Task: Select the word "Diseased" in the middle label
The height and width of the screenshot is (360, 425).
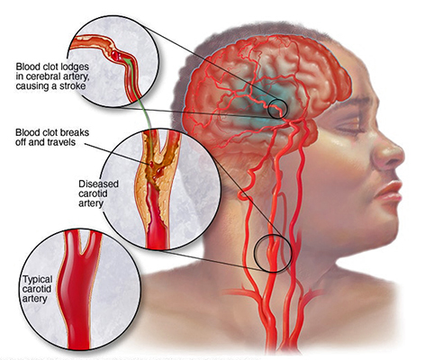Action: tap(98, 184)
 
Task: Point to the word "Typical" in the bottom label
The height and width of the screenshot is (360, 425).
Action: tap(38, 280)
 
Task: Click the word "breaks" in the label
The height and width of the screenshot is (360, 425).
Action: tap(75, 132)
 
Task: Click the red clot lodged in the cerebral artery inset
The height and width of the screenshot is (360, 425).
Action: tap(115, 55)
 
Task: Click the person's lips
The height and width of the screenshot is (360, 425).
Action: tap(388, 193)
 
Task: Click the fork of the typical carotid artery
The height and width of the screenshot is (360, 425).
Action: tap(83, 253)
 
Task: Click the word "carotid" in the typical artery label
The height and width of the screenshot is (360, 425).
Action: tap(37, 290)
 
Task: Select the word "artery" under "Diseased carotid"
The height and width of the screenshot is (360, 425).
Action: tap(91, 203)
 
